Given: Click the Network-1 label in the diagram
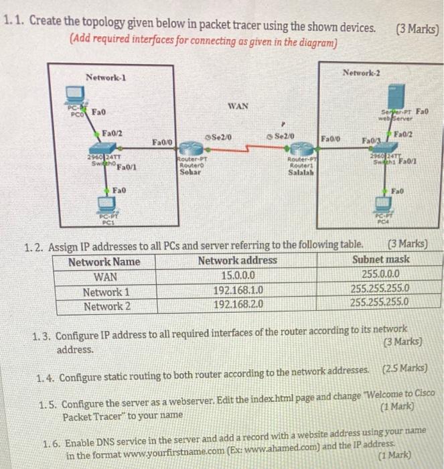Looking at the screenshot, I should pos(106,78).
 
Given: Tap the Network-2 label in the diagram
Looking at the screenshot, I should pos(361,72).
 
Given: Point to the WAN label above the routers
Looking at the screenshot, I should pos(238,106).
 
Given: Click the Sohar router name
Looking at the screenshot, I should pos(190,172).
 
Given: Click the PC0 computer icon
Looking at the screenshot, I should pos(73,94).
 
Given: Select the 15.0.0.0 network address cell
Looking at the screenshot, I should pos(237,275).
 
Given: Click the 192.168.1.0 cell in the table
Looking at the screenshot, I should pos(238,291).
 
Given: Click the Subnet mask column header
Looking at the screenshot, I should pos(380,260).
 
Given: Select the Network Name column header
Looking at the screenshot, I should pos(104,261).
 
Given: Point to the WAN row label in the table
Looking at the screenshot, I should pos(105,276).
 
